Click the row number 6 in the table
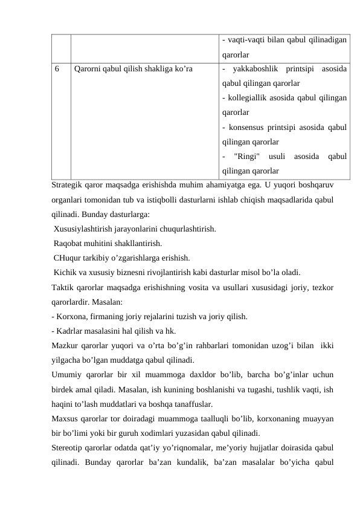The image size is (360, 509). tap(56, 69)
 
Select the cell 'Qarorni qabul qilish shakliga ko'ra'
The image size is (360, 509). tap(133, 69)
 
